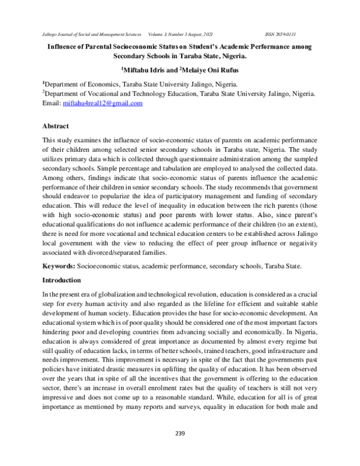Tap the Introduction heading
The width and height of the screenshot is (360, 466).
(x=62, y=280)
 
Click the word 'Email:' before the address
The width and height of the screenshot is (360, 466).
(x=51, y=103)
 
